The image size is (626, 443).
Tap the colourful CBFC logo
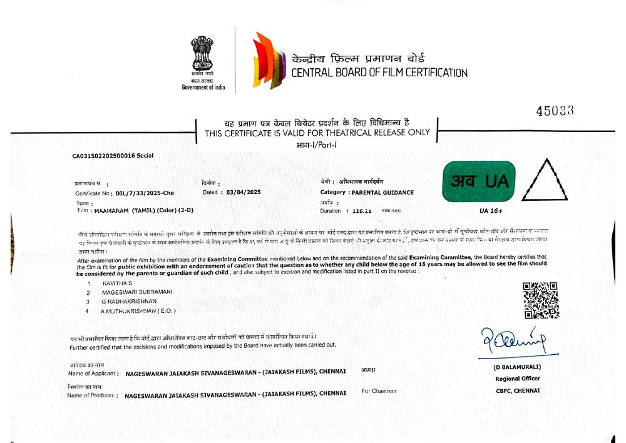pyautogui.click(x=269, y=61)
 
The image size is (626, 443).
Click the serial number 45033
pyautogui.click(x=555, y=111)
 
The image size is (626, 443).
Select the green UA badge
pyautogui.click(x=478, y=181)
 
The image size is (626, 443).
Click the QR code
pyautogui.click(x=540, y=300)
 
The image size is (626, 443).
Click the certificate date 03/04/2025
pyautogui.click(x=244, y=192)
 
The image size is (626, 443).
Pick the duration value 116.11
pyautogui.click(x=362, y=211)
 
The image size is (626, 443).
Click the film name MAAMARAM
pyautogui.click(x=110, y=211)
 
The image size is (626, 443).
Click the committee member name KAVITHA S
pyautogui.click(x=118, y=283)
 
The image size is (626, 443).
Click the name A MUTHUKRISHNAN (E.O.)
pyautogui.click(x=138, y=310)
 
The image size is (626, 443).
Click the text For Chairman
pyautogui.click(x=379, y=391)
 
